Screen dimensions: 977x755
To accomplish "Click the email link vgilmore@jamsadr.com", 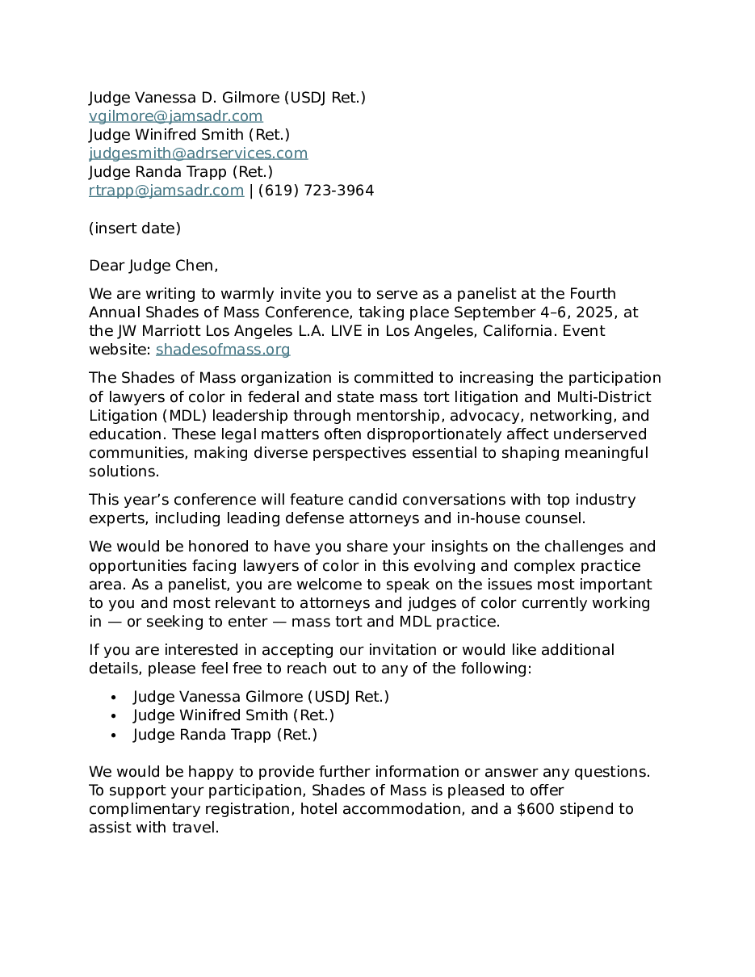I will (x=175, y=116).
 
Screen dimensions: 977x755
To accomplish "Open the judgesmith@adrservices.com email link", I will (x=198, y=153).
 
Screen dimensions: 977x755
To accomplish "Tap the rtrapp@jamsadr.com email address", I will (x=166, y=191).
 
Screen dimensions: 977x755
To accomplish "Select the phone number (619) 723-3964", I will (x=316, y=191).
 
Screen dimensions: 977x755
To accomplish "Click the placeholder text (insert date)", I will (x=135, y=229).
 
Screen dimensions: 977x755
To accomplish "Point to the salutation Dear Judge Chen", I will (x=153, y=266).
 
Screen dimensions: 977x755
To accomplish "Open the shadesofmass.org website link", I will (x=223, y=350).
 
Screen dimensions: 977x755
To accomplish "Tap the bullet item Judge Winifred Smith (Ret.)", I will (x=233, y=715).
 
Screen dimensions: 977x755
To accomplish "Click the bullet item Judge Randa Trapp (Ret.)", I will (x=225, y=735).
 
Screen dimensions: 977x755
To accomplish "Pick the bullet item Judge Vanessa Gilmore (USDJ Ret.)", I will (x=261, y=697).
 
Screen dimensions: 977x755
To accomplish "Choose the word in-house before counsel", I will (x=494, y=518).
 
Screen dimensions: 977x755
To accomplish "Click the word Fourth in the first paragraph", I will (x=593, y=294).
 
